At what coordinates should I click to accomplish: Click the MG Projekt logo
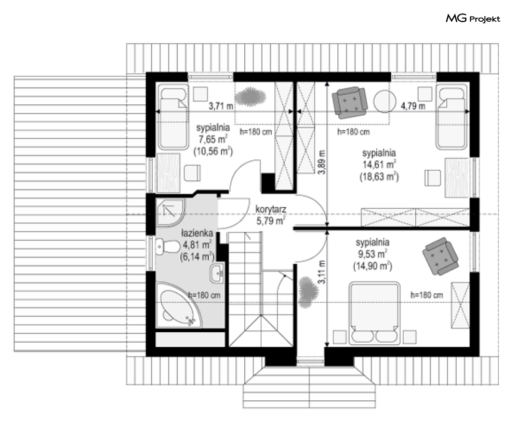tap(473, 19)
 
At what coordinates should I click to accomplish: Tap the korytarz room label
tap(271, 209)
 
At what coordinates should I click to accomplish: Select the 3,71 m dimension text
tap(221, 106)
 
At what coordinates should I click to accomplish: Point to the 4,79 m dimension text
tap(413, 106)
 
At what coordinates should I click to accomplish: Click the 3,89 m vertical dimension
tap(322, 162)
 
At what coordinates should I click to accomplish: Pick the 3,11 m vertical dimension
tap(322, 272)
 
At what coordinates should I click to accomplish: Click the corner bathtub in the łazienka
tap(179, 305)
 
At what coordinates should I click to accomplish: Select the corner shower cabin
tap(170, 212)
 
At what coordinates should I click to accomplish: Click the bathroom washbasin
tap(217, 273)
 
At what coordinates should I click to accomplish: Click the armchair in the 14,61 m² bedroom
tap(350, 102)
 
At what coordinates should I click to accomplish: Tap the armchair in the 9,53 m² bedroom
tap(440, 256)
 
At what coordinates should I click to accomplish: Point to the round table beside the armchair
tap(385, 102)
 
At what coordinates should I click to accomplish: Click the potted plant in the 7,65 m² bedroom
tap(250, 97)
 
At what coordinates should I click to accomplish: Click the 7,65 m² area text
tap(213, 140)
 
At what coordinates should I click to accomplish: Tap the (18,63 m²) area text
tap(379, 177)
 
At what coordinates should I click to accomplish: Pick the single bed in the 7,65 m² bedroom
tap(173, 117)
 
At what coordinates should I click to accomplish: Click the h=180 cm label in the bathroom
tap(204, 295)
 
